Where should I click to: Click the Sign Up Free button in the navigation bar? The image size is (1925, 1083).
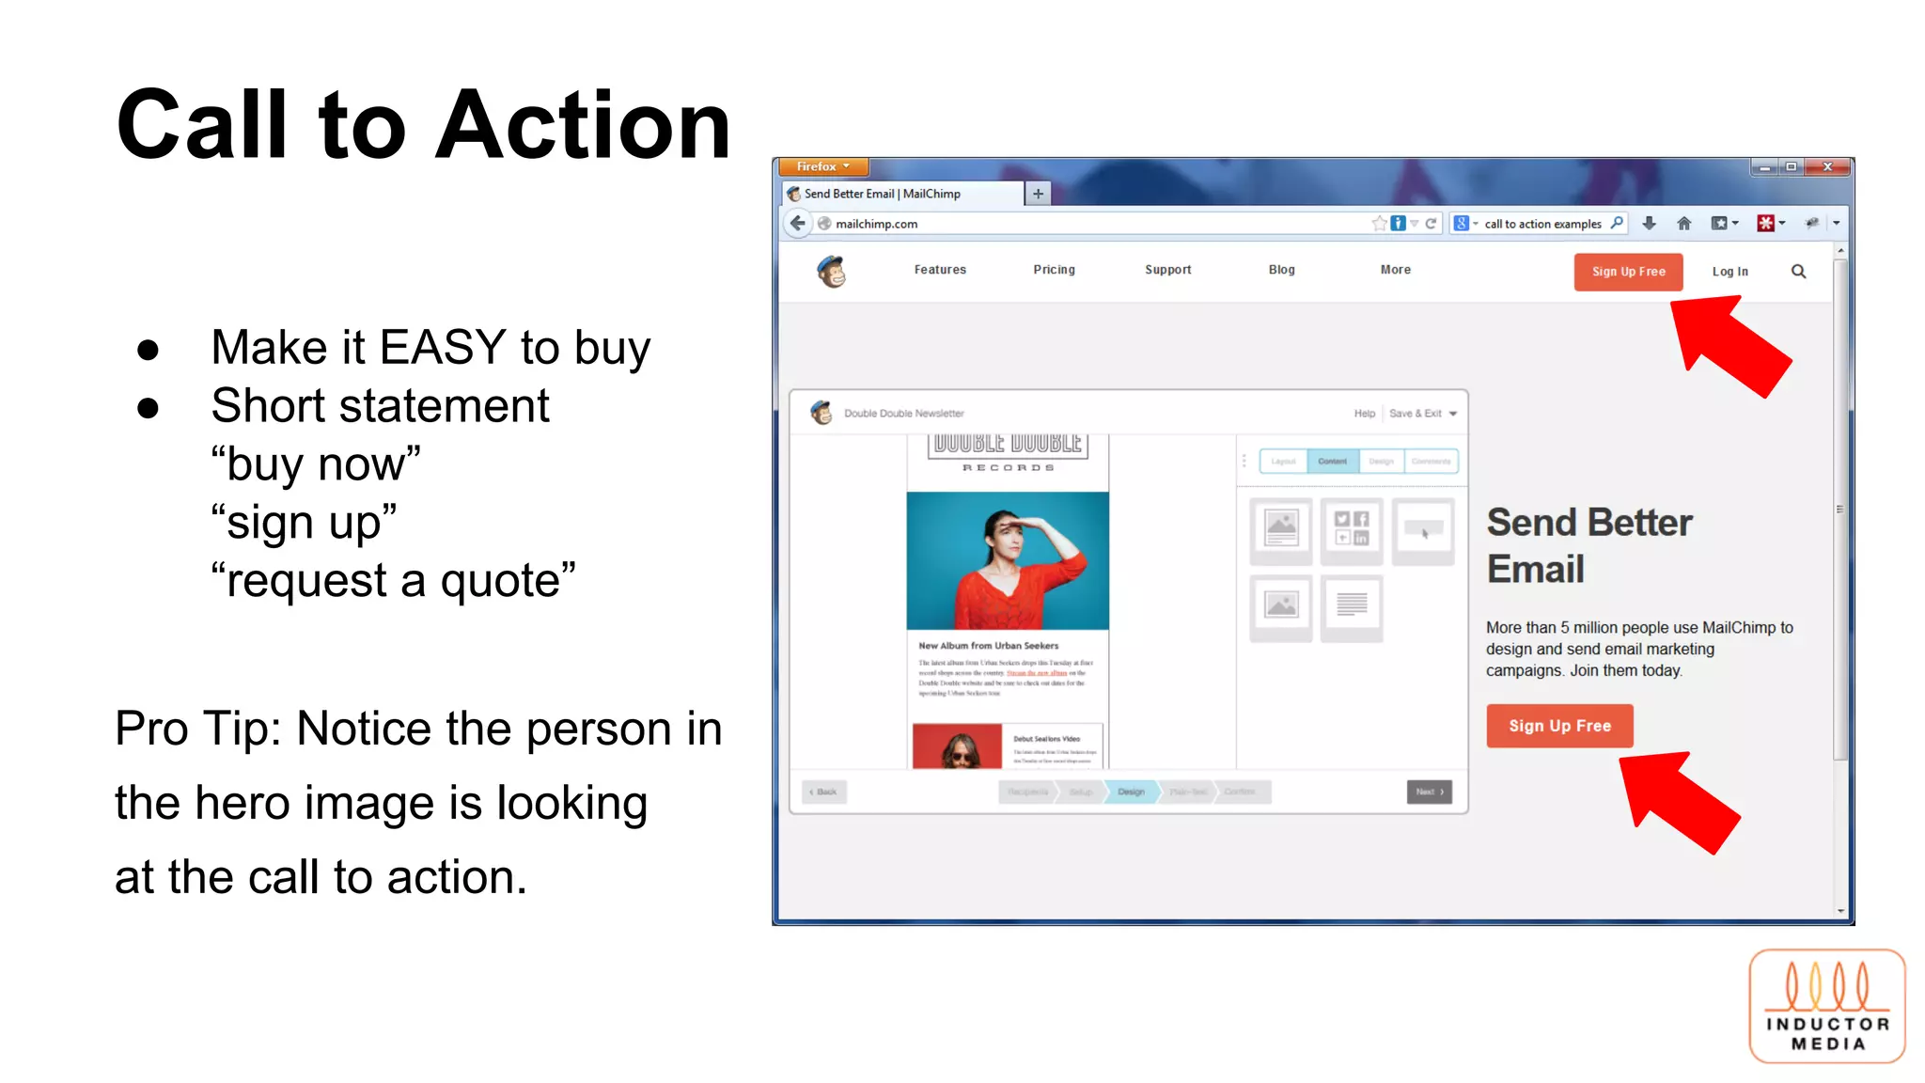[x=1628, y=272]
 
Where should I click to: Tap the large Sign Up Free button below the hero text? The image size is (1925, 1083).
[x=1559, y=726]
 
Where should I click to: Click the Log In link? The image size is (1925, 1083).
[x=1729, y=272]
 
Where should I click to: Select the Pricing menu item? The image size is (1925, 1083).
[x=1054, y=270]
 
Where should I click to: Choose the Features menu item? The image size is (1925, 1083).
[x=940, y=270]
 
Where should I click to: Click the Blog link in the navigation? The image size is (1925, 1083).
[x=1281, y=270]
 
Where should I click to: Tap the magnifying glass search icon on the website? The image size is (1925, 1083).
[x=1798, y=272]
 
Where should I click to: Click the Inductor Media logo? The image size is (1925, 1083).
[x=1826, y=1006]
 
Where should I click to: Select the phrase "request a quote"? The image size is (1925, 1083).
[x=393, y=580]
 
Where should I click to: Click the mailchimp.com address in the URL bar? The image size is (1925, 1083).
[x=876, y=224]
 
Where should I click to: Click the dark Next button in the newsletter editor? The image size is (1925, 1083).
[x=1429, y=792]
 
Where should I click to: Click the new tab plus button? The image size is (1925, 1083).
[x=1038, y=194]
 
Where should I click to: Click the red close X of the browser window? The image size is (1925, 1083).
[x=1826, y=167]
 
